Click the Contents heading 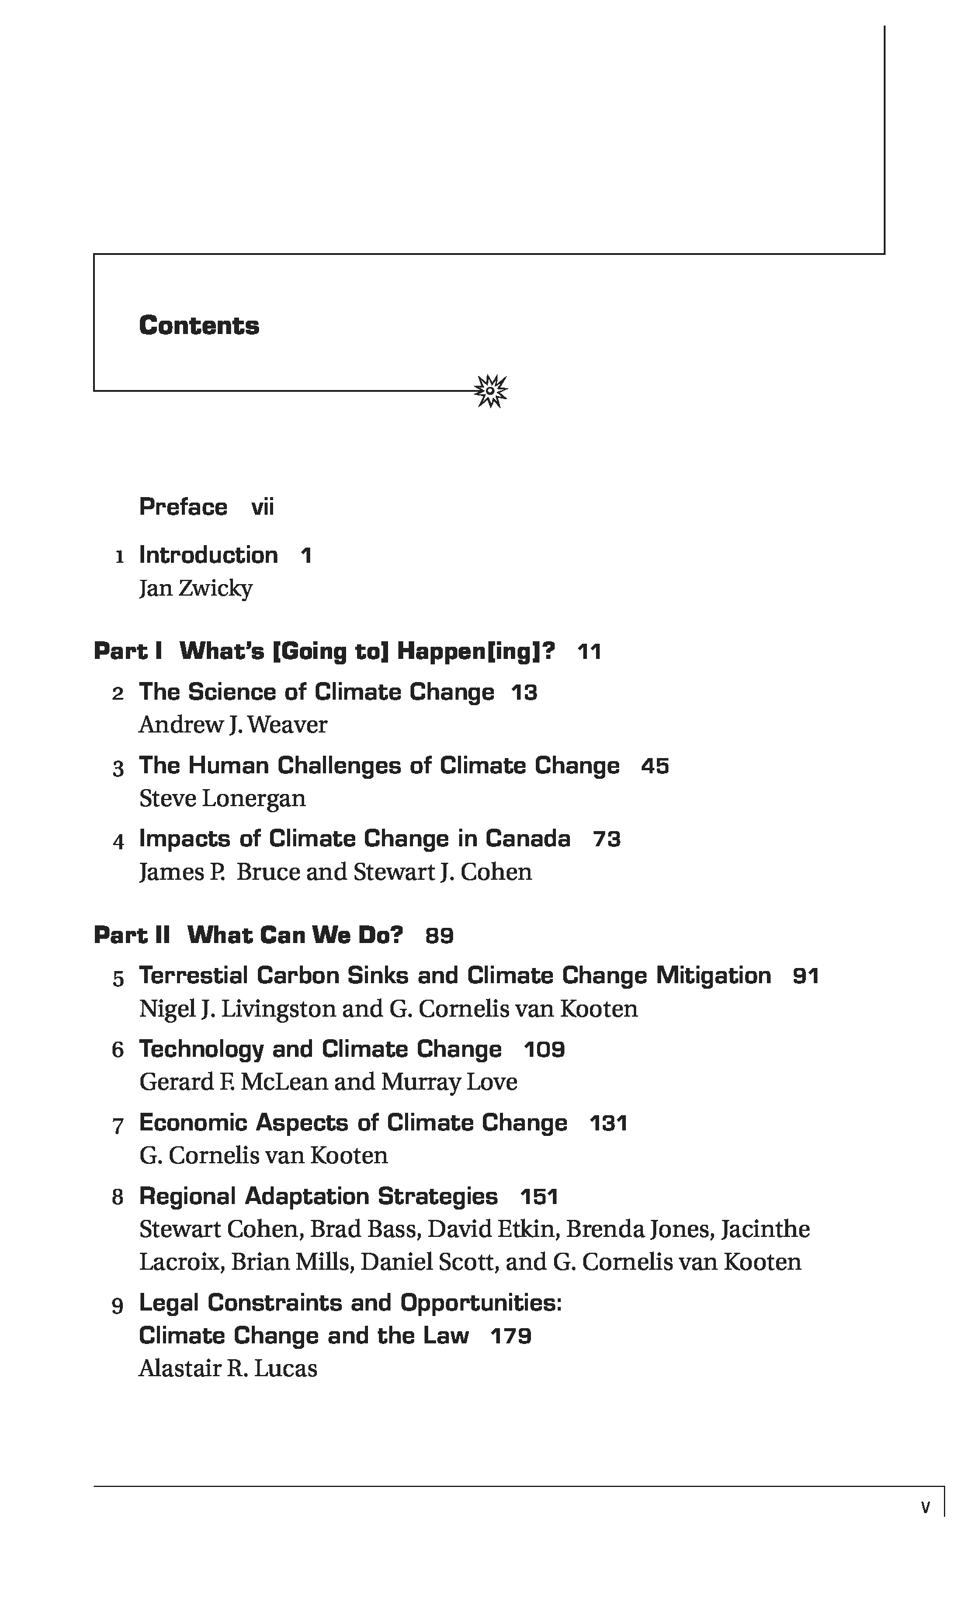point(199,326)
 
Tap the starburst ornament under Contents point(490,391)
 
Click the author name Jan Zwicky point(195,588)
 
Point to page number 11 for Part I point(589,652)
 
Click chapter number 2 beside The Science point(118,694)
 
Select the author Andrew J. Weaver point(232,725)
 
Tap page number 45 point(654,766)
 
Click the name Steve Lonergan point(222,799)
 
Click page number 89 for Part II point(439,936)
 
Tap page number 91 point(805,977)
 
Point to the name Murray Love point(449,1082)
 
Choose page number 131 point(608,1123)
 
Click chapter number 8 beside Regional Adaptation point(118,1197)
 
